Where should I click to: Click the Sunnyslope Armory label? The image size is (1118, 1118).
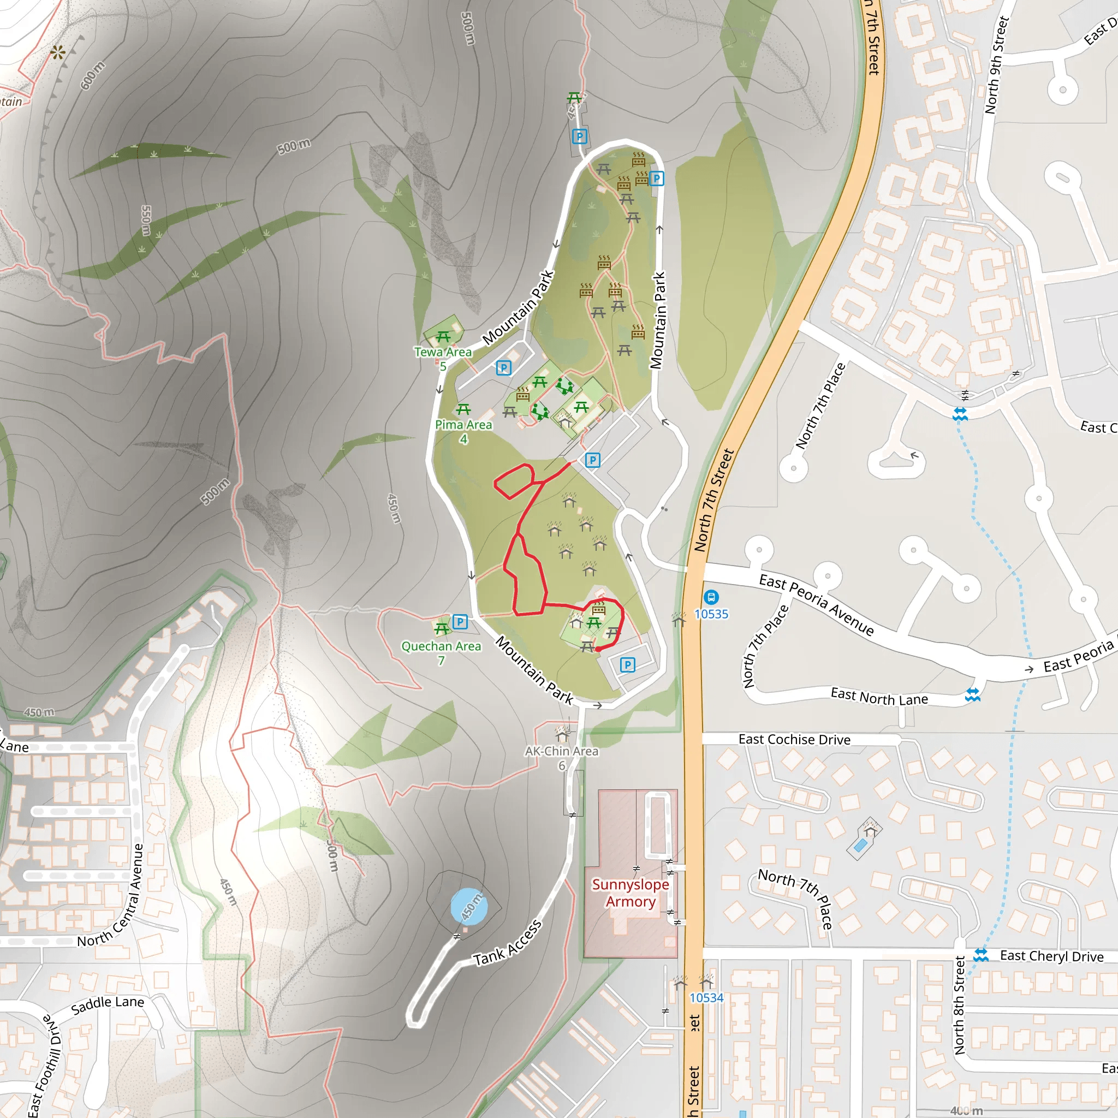pos(630,893)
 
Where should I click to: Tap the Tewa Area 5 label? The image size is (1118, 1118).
pos(443,359)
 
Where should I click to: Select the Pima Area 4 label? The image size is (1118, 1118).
pos(463,432)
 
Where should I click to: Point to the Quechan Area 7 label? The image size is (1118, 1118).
pos(441,653)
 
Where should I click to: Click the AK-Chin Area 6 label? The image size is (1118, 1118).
pos(561,758)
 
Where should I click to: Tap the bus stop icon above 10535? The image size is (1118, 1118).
pos(711,597)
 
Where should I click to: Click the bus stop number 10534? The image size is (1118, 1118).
pos(706,998)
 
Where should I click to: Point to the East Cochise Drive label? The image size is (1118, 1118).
pos(794,740)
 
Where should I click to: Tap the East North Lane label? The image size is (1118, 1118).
pos(879,697)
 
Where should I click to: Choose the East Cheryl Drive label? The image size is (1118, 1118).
pos(1051,956)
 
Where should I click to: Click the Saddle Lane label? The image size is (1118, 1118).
pos(108,1006)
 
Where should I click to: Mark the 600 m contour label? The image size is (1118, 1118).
pos(93,75)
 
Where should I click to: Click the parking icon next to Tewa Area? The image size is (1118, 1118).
pos(503,367)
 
